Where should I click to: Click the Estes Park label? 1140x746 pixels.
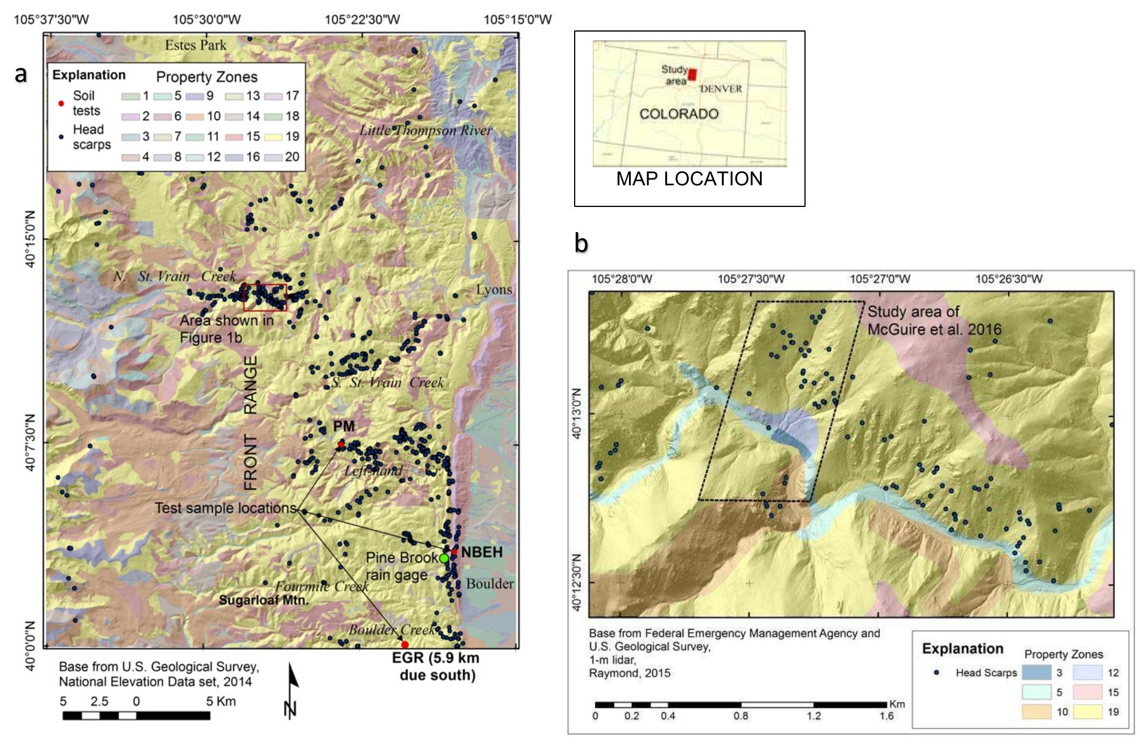195,45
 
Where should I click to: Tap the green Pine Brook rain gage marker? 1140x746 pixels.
444,558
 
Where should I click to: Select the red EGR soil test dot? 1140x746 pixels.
405,645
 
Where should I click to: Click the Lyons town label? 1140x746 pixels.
494,289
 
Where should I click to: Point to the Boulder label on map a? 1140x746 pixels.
490,583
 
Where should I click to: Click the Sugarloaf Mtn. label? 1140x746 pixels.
264,600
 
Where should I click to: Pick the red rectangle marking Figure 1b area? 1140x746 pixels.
265,298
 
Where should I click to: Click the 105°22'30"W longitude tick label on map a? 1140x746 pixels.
362,20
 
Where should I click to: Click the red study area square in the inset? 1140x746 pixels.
692,75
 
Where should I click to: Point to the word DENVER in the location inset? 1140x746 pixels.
721,89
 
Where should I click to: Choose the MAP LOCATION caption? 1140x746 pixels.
689,178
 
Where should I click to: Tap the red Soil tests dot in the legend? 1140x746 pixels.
61,103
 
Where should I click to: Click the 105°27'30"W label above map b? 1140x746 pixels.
751,279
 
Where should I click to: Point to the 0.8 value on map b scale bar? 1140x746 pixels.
741,716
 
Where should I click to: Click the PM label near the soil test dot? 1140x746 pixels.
344,426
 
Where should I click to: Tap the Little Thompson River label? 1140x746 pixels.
426,130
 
